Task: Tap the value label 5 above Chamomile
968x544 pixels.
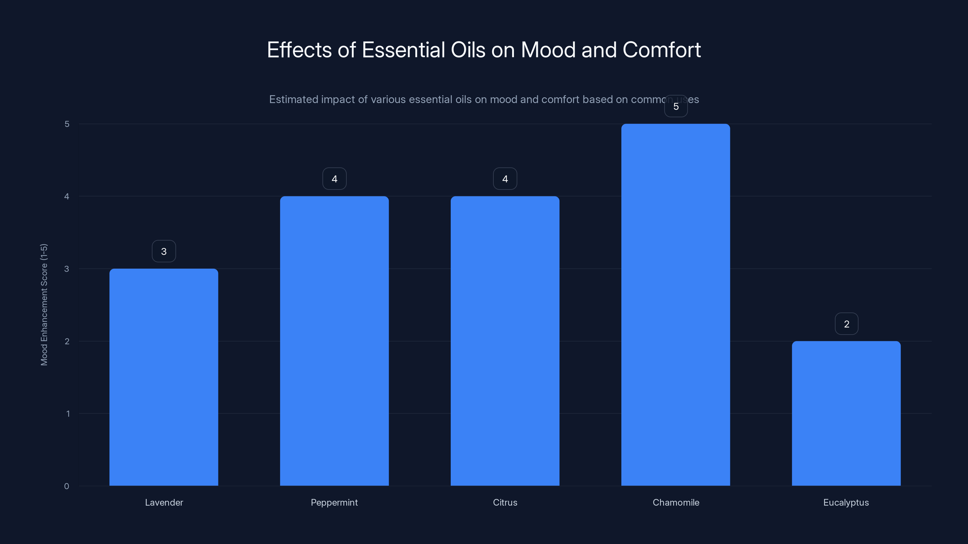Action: click(676, 106)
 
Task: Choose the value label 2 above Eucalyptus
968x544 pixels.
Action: click(846, 324)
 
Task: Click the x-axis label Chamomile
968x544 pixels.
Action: click(676, 502)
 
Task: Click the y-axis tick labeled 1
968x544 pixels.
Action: click(68, 414)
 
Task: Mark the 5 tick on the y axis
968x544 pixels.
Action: click(67, 124)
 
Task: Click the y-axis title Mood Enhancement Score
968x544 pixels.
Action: click(44, 304)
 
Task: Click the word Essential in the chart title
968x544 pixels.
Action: click(404, 50)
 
